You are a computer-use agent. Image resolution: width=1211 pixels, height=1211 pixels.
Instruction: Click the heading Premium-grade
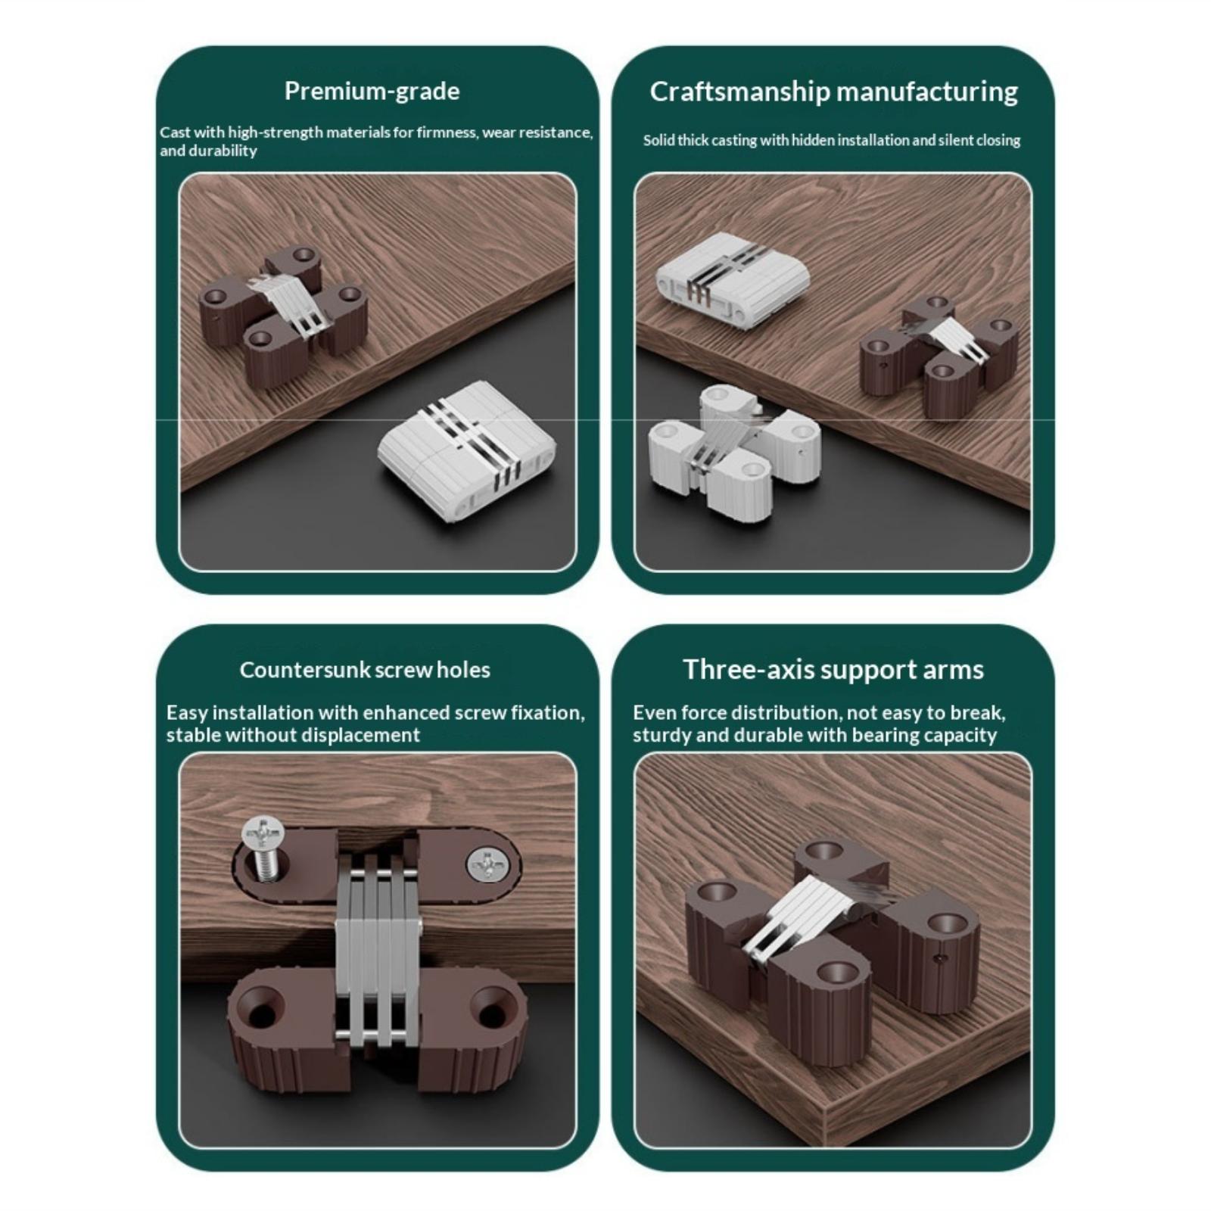[x=372, y=92]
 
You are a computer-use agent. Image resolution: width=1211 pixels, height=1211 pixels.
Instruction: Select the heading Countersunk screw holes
[x=365, y=670]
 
